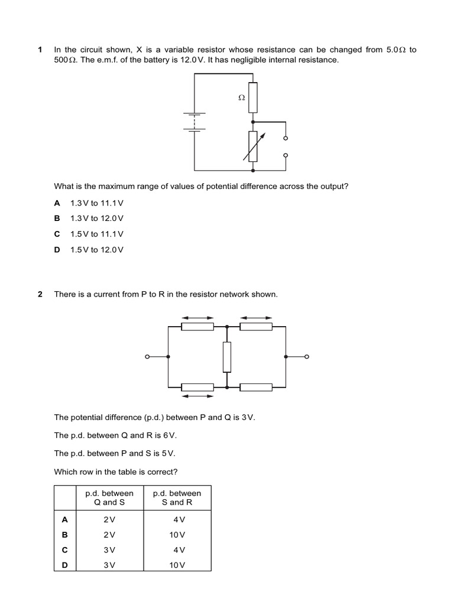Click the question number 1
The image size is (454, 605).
click(40, 50)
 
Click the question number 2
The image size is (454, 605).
click(40, 294)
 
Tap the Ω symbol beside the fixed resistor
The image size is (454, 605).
click(241, 98)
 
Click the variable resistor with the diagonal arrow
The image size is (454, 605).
click(253, 146)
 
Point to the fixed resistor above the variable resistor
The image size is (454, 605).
click(253, 97)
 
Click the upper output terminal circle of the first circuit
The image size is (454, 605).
click(286, 138)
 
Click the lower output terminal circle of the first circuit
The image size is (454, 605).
click(286, 155)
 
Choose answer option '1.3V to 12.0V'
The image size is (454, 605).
click(97, 219)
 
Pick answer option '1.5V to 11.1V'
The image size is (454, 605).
click(97, 234)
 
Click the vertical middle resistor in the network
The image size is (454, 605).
click(227, 357)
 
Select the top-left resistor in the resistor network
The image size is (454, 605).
click(197, 326)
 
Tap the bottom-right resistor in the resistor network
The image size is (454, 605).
click(256, 388)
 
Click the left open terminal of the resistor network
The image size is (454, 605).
click(148, 357)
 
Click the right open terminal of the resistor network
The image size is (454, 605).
click(307, 357)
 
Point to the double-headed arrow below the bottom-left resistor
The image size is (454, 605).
click(197, 396)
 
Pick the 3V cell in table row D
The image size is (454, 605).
click(110, 565)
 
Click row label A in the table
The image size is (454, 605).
click(65, 519)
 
